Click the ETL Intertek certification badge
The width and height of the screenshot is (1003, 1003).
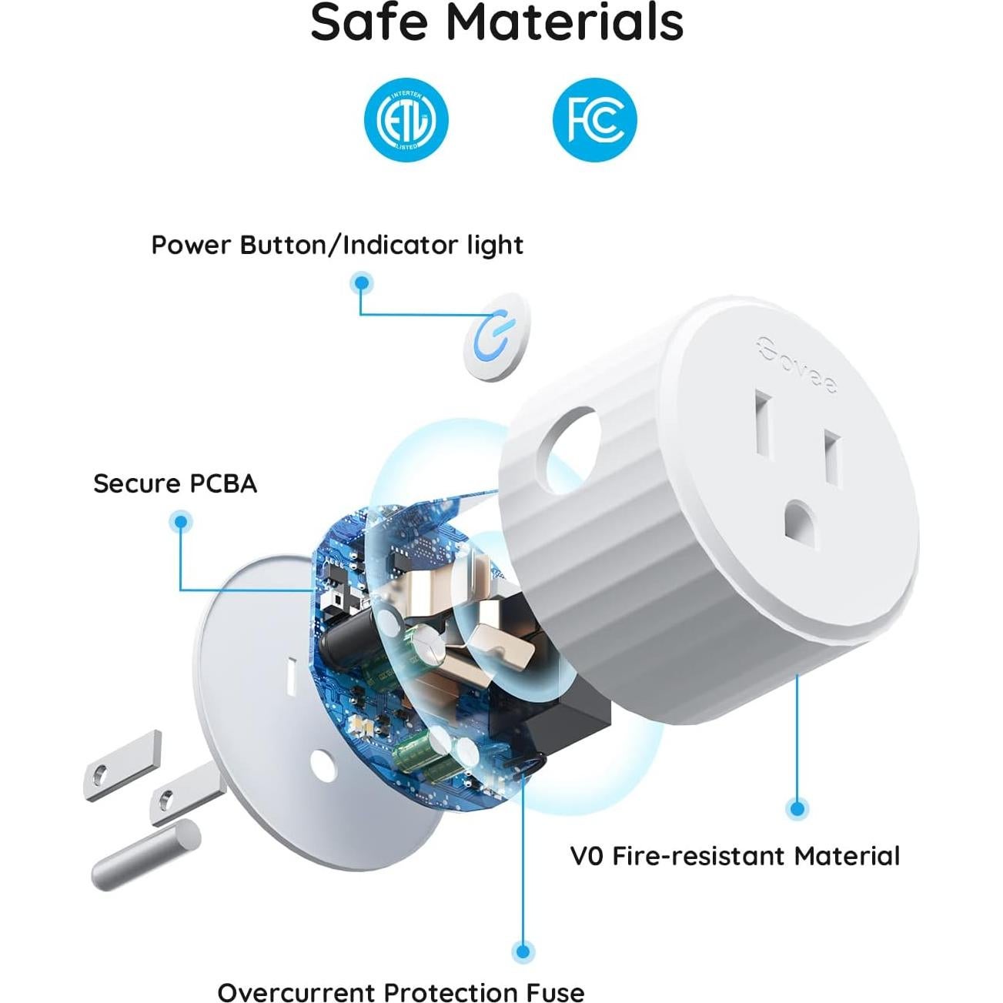(x=406, y=120)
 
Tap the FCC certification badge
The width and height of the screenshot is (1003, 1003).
(x=595, y=120)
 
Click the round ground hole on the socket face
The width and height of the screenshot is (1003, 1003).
(x=805, y=522)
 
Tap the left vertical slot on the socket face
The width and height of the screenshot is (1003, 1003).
(x=764, y=426)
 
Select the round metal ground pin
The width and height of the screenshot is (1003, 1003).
(x=146, y=854)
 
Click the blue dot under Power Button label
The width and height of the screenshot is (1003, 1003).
(x=361, y=283)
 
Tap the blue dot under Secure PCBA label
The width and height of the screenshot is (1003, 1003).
(x=180, y=522)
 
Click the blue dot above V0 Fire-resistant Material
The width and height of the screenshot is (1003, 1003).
(x=797, y=808)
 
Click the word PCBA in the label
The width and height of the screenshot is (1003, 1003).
(x=223, y=483)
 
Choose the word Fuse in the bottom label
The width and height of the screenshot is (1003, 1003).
(x=555, y=992)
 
